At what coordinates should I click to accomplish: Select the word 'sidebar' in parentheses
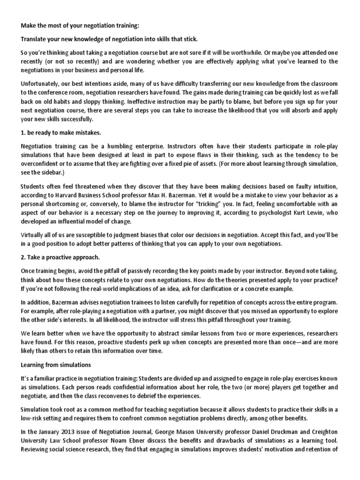point(44,172)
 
